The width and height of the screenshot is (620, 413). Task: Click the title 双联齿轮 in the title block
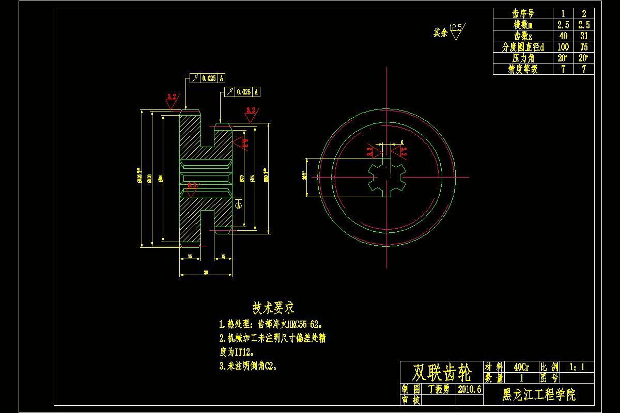(x=442, y=372)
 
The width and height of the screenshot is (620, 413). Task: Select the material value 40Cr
(x=521, y=367)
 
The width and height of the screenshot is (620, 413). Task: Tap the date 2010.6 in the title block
(x=469, y=389)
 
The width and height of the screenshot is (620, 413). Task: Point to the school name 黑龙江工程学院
(x=539, y=395)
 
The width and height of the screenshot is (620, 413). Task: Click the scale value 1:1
(x=577, y=367)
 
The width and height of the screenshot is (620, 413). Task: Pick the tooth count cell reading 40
(x=563, y=36)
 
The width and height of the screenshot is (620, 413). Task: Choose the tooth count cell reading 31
(x=584, y=36)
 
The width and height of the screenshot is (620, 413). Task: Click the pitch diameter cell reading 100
(x=563, y=47)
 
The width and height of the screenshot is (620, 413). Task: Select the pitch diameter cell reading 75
(x=584, y=47)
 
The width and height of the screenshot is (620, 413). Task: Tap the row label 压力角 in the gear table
(x=523, y=58)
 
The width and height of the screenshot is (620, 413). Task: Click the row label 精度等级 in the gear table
(x=523, y=69)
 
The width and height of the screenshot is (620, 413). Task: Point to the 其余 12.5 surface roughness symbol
(x=450, y=31)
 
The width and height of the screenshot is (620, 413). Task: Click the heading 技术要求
(x=273, y=308)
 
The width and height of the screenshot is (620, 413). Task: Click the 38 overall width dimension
(x=206, y=272)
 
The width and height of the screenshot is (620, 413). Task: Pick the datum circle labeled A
(x=239, y=205)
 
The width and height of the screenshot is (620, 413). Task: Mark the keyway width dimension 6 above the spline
(x=401, y=141)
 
